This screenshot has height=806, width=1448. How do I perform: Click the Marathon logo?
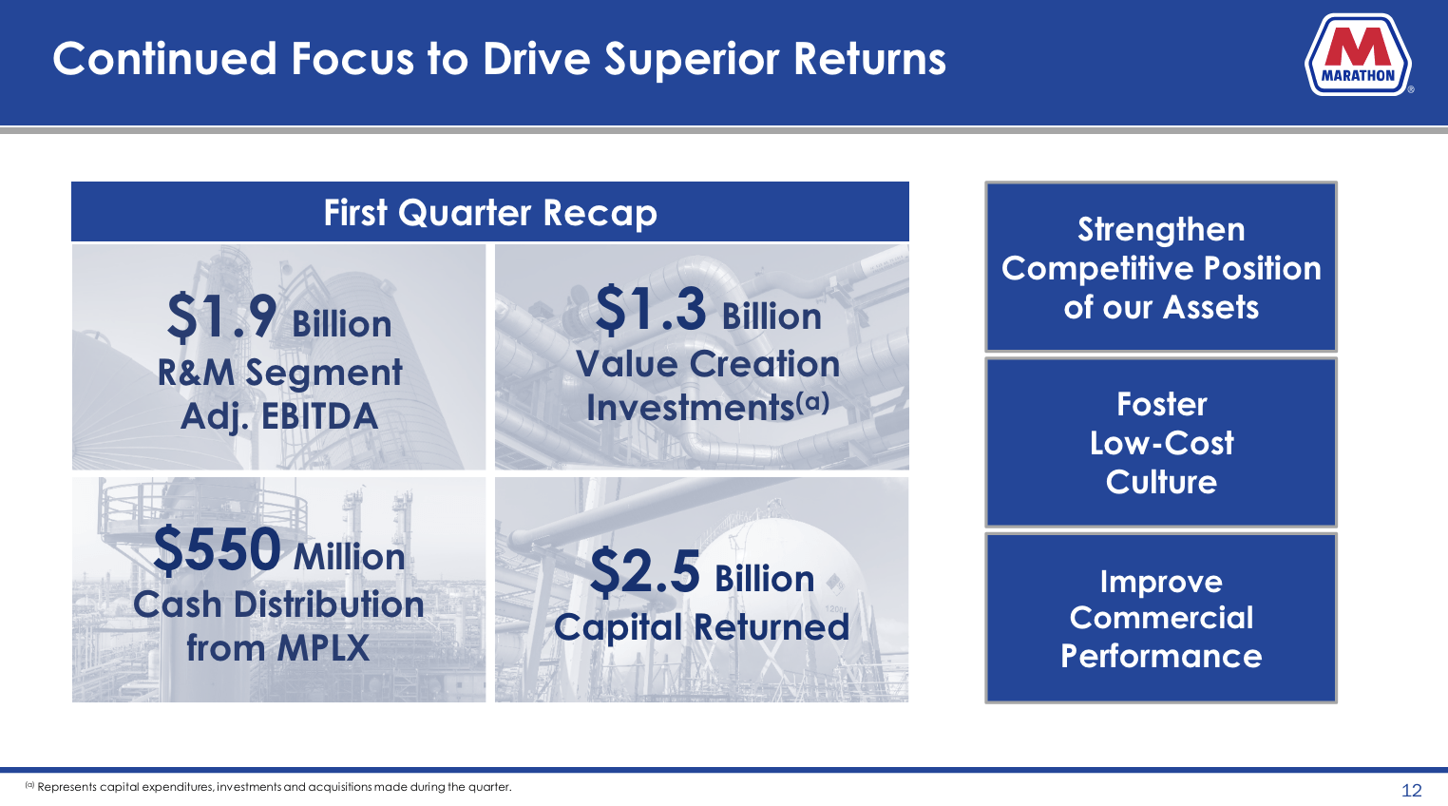tap(1359, 55)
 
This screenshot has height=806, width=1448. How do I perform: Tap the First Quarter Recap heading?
tap(489, 213)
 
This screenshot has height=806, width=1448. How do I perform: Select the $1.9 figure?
tap(222, 317)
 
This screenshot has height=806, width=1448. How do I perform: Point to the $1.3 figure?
tap(651, 310)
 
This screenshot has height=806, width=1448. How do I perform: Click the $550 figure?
tap(218, 550)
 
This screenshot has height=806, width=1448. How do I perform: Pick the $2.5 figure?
tap(645, 572)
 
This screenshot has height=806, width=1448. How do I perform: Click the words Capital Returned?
tap(701, 627)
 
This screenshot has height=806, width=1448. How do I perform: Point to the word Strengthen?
tap(1161, 230)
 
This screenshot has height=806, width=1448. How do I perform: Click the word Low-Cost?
tap(1161, 443)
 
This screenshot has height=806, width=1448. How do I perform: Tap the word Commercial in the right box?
tap(1161, 618)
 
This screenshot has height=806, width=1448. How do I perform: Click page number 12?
tap(1411, 790)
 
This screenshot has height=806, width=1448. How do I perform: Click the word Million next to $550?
tap(350, 557)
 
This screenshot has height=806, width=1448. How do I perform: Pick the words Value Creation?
tap(708, 364)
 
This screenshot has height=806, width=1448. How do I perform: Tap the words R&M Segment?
tap(280, 373)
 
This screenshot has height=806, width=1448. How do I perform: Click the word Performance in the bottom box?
tap(1161, 656)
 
